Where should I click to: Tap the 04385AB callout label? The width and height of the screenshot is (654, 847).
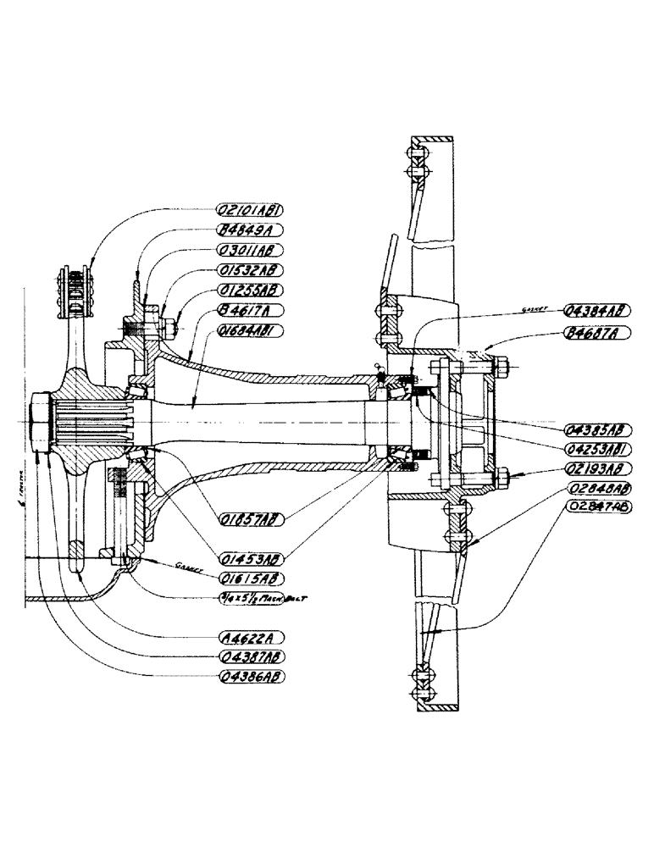click(x=598, y=428)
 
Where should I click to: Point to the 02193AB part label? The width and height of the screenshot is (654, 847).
click(x=598, y=468)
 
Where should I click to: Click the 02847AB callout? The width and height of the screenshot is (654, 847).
click(x=598, y=507)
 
